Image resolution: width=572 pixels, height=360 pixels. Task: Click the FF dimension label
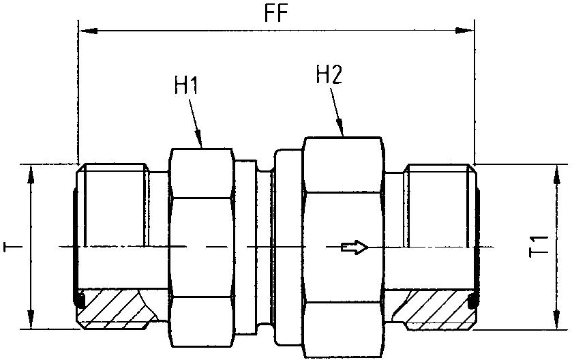tap(275, 14)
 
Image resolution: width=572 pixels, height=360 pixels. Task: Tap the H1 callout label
tap(185, 86)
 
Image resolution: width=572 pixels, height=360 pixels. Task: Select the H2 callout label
tap(329, 74)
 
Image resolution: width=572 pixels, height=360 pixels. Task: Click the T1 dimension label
tap(539, 247)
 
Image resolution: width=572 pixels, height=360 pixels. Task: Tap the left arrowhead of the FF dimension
tap(87, 31)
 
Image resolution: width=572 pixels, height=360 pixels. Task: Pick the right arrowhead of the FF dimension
tap(466, 31)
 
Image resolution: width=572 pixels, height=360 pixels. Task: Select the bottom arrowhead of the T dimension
tap(31, 320)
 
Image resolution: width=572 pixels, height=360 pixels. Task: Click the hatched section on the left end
tap(112, 308)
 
